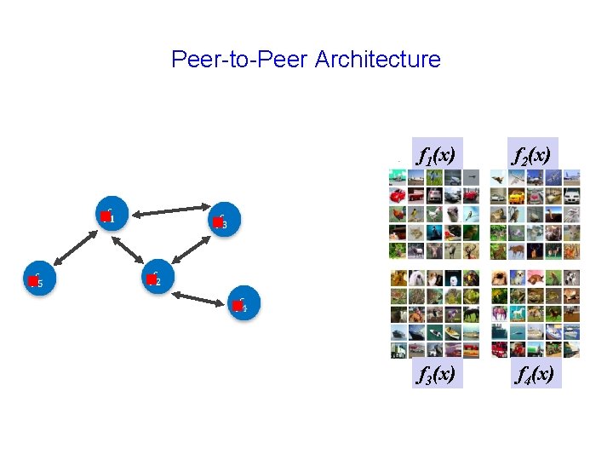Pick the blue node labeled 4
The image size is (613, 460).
pyautogui.click(x=243, y=304)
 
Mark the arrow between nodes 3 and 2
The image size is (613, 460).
pyautogui.click(x=192, y=250)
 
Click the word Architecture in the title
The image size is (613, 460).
pyautogui.click(x=377, y=60)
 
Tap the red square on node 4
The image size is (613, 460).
pyautogui.click(x=238, y=306)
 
